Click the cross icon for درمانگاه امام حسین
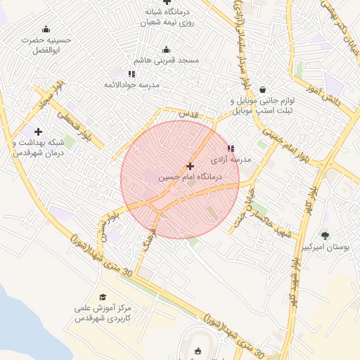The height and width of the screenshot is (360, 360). click(x=190, y=166)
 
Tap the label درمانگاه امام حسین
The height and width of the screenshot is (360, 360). click(x=190, y=178)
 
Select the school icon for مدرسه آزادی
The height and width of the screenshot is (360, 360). click(x=231, y=148)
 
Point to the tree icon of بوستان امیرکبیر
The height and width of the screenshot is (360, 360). click(x=324, y=236)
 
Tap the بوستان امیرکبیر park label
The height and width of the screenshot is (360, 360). click(x=325, y=247)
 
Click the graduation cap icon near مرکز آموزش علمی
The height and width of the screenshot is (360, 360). click(x=103, y=297)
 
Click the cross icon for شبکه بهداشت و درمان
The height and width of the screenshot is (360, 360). click(x=38, y=131)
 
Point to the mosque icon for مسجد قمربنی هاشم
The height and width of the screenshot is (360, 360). click(x=166, y=49)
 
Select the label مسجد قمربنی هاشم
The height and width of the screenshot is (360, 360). click(x=167, y=61)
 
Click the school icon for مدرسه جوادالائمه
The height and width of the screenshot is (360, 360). click(x=131, y=73)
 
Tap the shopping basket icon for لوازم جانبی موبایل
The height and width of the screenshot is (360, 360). click(x=262, y=89)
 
